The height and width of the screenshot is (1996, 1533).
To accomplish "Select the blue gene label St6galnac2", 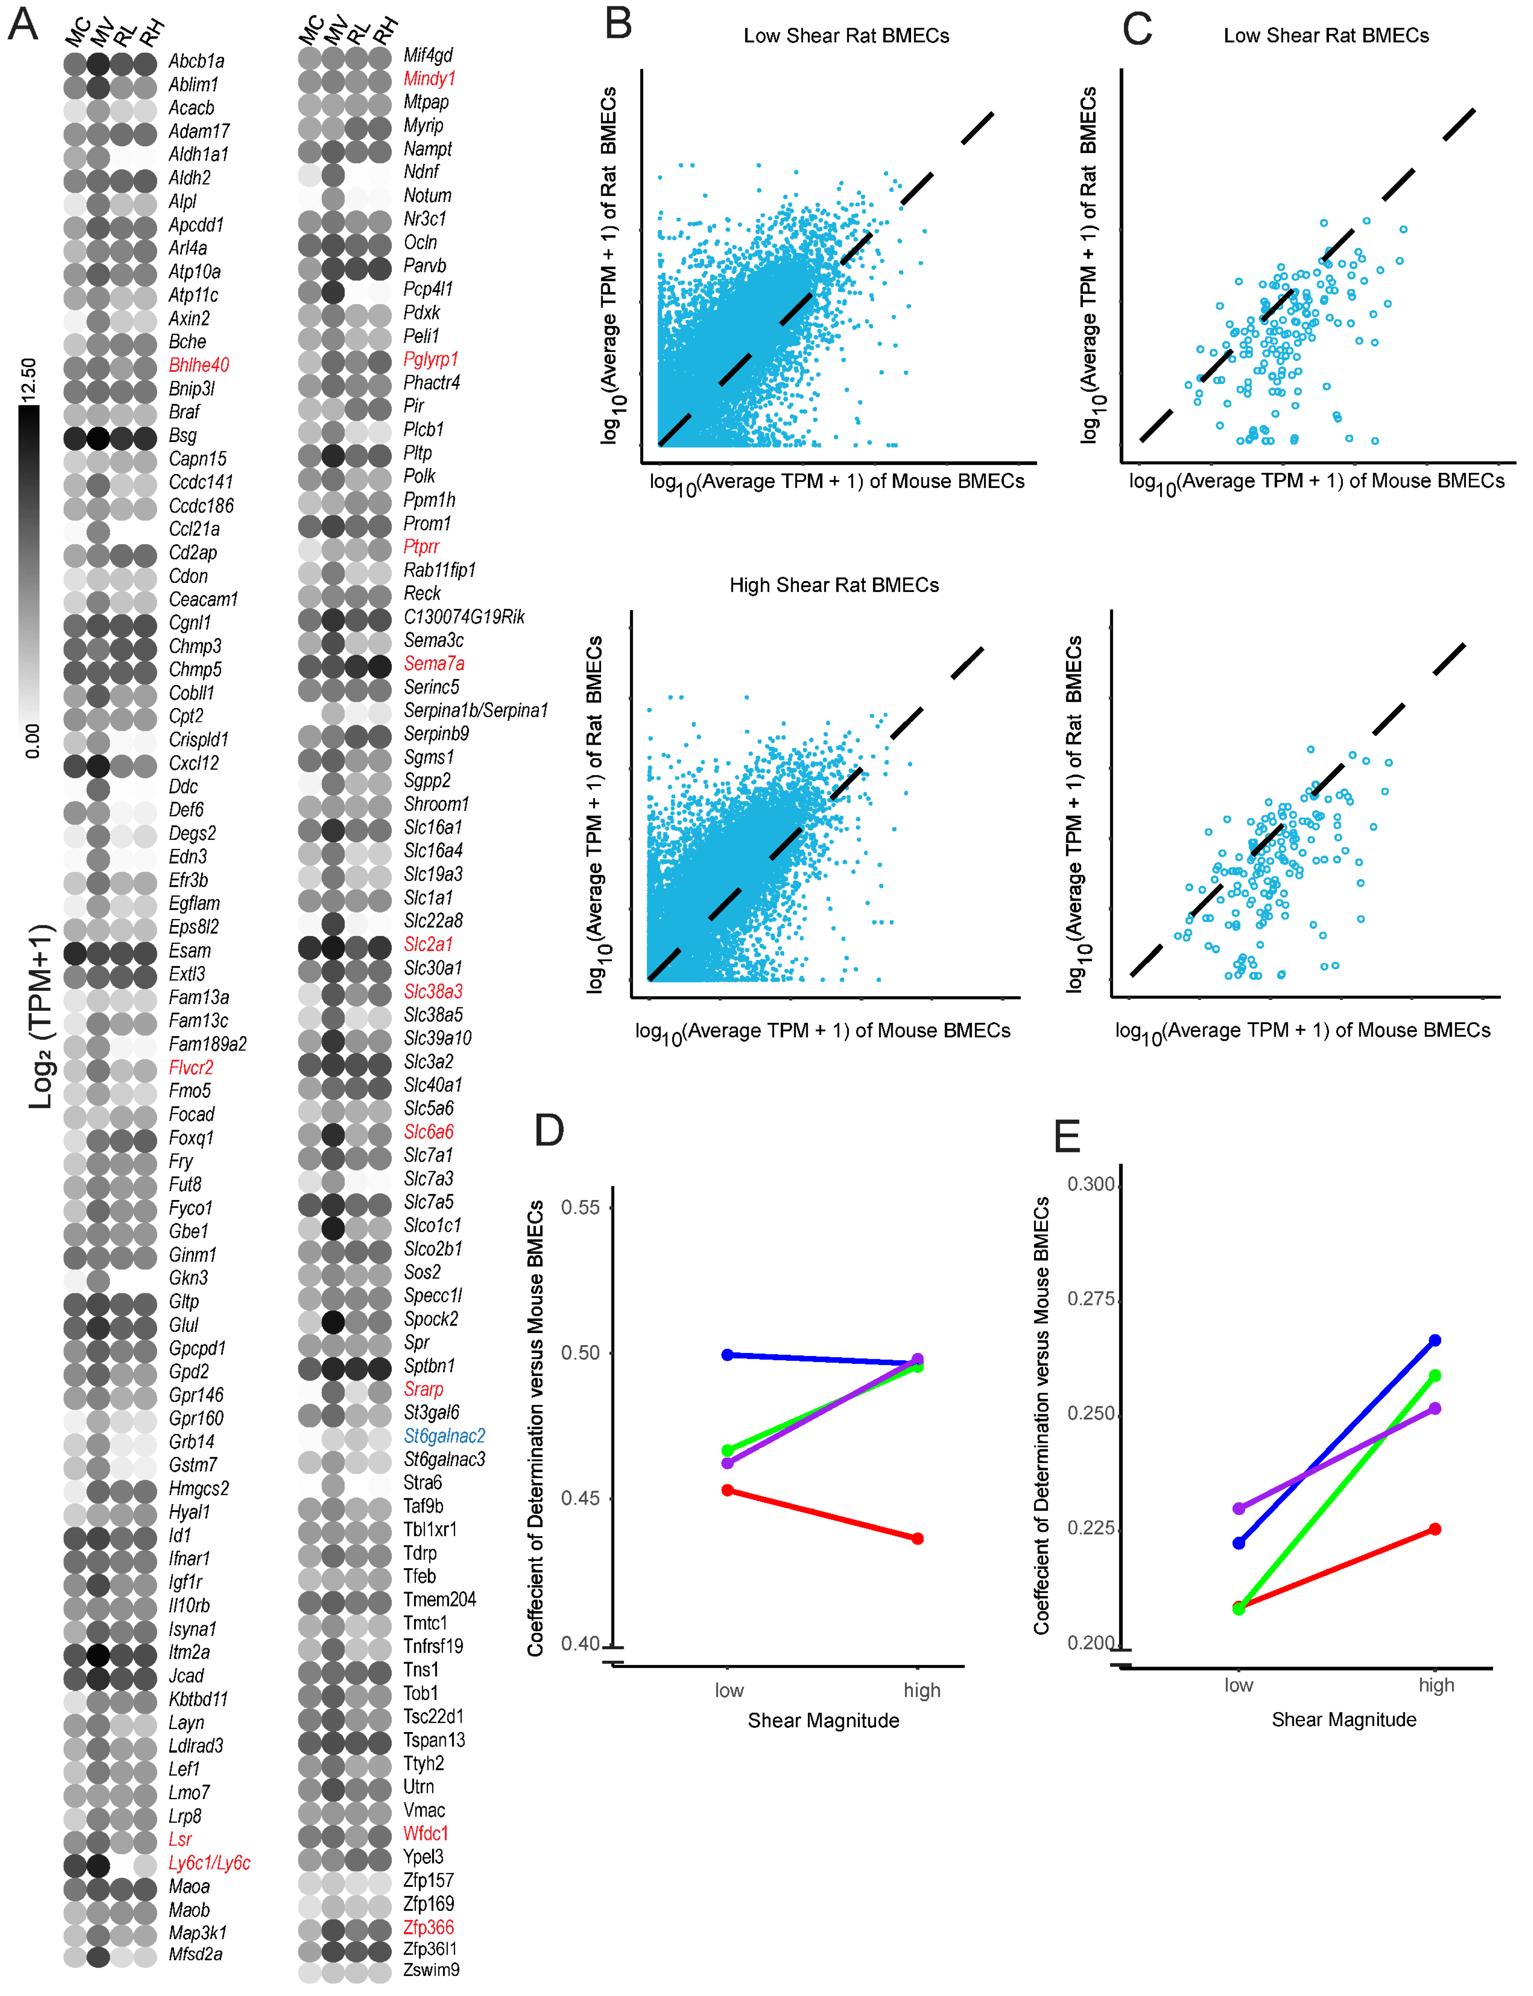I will point(444,1436).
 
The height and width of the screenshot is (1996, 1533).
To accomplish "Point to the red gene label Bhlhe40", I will point(199,365).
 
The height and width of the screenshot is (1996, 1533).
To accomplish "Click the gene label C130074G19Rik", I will point(463,617).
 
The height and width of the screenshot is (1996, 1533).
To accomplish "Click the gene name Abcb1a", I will point(196,61).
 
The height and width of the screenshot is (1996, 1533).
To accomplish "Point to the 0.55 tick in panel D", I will point(580,1208).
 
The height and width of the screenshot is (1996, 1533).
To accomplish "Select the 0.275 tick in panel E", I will point(1091,1299).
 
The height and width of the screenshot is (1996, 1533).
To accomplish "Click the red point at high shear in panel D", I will point(918,1539).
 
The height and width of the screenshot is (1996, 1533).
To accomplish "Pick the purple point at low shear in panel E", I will point(1238,1509).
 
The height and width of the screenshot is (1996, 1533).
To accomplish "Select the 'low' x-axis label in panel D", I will point(729,1690).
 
